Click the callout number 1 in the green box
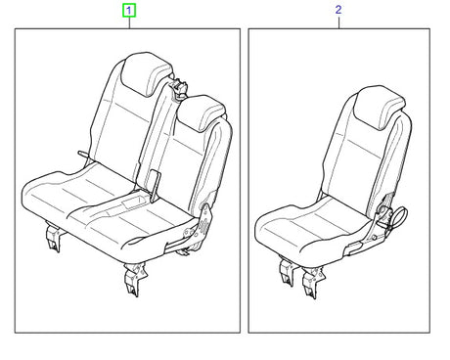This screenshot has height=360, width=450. (129, 11)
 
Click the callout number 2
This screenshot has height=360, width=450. (338, 10)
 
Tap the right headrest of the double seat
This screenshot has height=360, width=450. (200, 113)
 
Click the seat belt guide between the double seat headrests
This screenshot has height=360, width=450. (179, 88)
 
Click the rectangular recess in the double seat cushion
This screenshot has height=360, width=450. (134, 202)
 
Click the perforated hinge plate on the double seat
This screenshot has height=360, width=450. (203, 225)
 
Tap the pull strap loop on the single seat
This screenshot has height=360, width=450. (398, 217)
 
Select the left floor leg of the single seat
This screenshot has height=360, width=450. (288, 272)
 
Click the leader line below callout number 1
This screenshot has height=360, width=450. (129, 22)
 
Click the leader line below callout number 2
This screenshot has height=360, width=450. (338, 22)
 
